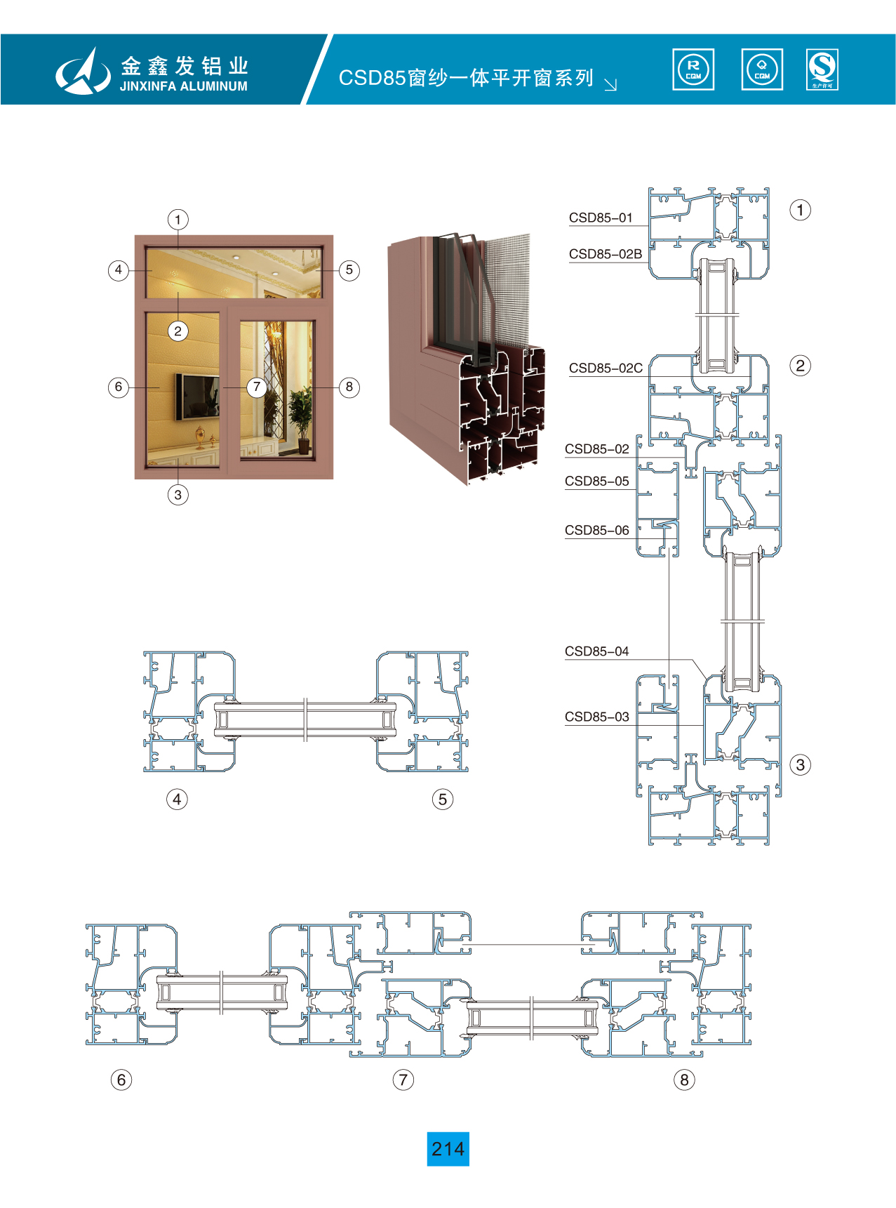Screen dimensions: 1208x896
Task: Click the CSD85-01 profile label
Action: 601,218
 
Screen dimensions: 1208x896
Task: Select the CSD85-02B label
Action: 606,254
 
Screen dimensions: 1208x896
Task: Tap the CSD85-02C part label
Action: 606,368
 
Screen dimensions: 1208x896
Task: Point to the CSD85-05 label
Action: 597,482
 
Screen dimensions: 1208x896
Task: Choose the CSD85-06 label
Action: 597,531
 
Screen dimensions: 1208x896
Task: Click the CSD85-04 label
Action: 597,651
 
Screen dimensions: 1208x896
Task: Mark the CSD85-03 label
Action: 597,717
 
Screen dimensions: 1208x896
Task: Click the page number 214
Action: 448,1149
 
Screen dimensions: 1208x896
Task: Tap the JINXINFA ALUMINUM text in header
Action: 184,86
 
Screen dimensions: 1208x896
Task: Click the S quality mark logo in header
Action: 822,69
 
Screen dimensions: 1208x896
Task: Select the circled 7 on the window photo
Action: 257,387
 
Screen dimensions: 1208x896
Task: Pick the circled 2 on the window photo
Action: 178,331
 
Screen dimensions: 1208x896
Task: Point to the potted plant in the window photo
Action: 301,418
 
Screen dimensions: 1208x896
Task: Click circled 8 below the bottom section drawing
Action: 684,1080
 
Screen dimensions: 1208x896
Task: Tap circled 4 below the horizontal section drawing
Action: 177,799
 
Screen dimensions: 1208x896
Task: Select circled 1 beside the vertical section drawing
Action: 800,210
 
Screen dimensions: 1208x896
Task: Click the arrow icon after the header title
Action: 610,84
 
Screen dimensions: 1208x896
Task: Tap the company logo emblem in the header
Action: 83,71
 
